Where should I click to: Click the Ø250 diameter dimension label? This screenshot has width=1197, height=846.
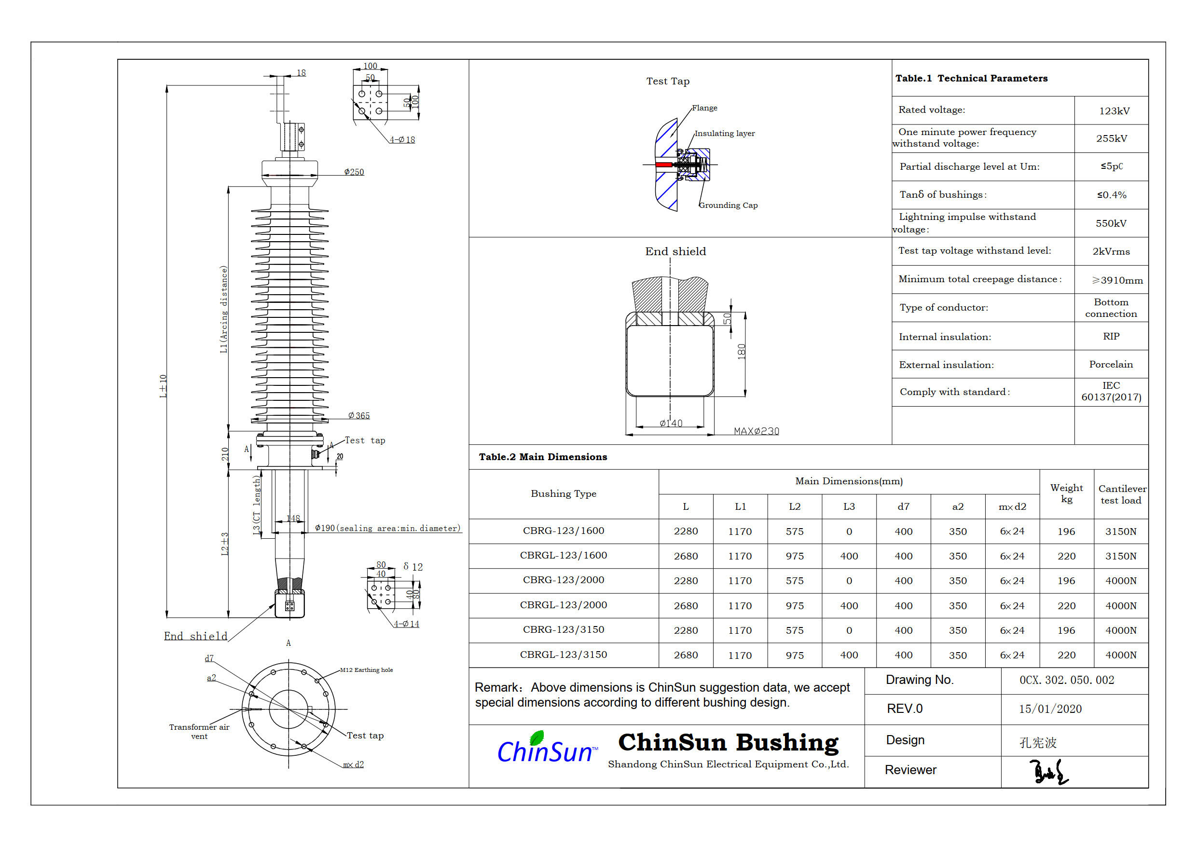pyautogui.click(x=354, y=172)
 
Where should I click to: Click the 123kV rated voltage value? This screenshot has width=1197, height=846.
pyautogui.click(x=1114, y=111)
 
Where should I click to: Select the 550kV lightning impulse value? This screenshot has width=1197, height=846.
pyautogui.click(x=1111, y=223)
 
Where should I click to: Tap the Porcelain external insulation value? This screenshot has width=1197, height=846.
pyautogui.click(x=1111, y=364)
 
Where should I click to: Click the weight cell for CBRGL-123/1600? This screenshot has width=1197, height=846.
pyautogui.click(x=1066, y=556)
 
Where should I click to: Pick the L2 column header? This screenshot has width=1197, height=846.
pyautogui.click(x=795, y=506)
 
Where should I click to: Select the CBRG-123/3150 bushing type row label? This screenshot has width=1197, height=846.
pyautogui.click(x=564, y=630)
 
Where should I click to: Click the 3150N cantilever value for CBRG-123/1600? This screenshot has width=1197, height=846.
pyautogui.click(x=1121, y=532)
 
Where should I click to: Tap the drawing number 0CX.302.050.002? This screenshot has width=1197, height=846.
pyautogui.click(x=1067, y=680)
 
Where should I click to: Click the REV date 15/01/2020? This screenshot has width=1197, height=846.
pyautogui.click(x=1050, y=709)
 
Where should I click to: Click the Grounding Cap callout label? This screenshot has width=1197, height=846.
pyautogui.click(x=729, y=205)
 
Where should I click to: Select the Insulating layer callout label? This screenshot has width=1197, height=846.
pyautogui.click(x=724, y=134)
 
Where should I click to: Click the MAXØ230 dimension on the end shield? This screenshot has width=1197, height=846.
pyautogui.click(x=756, y=431)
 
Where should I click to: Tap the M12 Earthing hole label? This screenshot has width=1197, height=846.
pyautogui.click(x=367, y=670)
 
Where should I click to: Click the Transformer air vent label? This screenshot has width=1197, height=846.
pyautogui.click(x=199, y=731)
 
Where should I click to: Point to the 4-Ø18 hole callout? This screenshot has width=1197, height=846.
pyautogui.click(x=402, y=140)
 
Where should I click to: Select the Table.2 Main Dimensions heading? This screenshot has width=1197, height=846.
pyautogui.click(x=543, y=457)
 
